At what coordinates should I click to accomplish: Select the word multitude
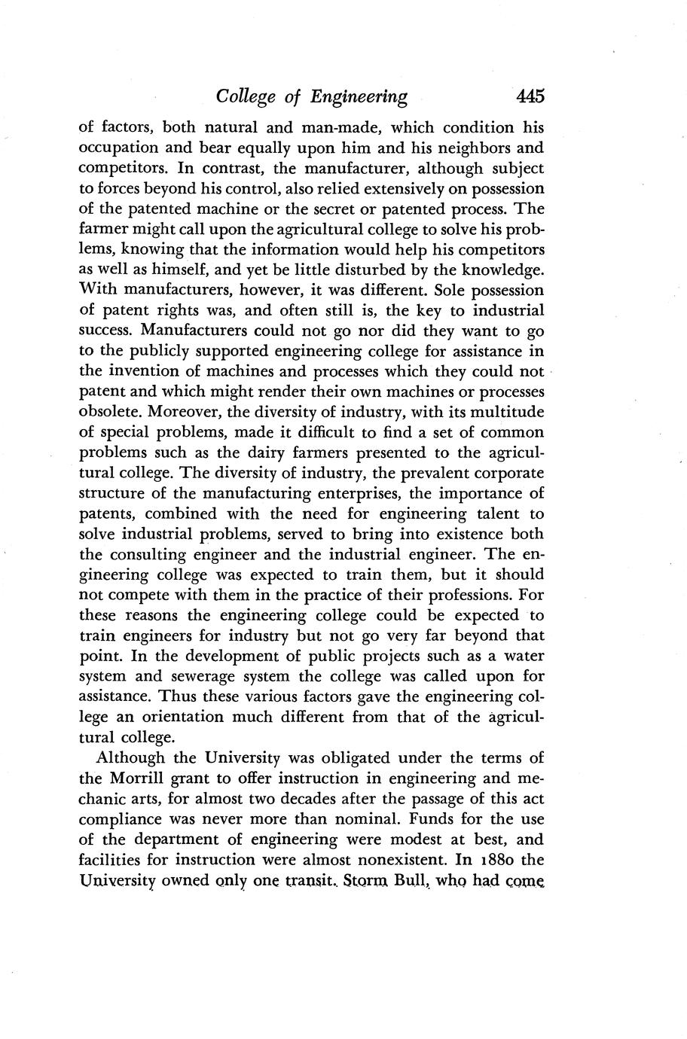pos(505,413)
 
